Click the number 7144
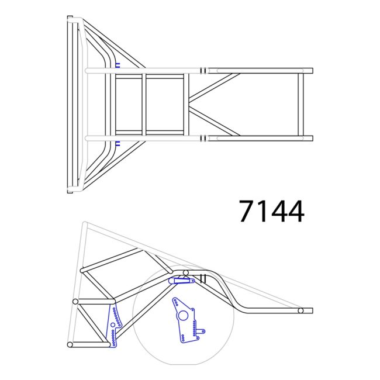coord(271,211)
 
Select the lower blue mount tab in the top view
coord(118,144)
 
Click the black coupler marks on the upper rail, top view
coord(202,70)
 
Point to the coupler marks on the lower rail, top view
coord(202,139)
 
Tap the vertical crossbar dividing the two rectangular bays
coord(144,104)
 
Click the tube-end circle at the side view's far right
coord(300,310)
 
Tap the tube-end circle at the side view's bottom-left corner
coord(70,345)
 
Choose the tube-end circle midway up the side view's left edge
coord(75,302)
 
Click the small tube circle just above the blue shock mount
coord(185,272)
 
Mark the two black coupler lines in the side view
coord(205,279)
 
